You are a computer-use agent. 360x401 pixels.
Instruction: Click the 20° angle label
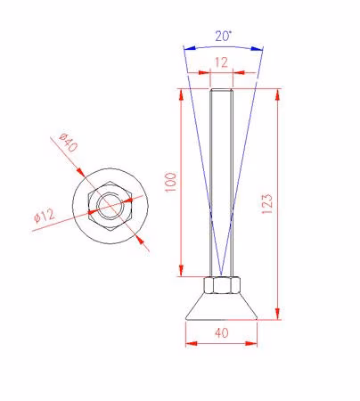point(223,37)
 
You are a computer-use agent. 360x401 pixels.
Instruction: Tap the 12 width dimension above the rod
point(221,62)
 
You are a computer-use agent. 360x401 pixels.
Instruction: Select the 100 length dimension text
point(170,182)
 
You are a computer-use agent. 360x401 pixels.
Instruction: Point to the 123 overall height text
point(266,203)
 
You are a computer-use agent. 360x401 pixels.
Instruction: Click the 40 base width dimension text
point(222,333)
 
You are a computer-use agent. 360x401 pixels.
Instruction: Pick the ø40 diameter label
point(68,143)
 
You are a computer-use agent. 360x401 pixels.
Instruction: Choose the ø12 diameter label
point(45,216)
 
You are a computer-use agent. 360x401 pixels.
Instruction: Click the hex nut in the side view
point(222,285)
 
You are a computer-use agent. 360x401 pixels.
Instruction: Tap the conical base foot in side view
point(222,307)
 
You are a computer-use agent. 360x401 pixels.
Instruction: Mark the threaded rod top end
point(222,90)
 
